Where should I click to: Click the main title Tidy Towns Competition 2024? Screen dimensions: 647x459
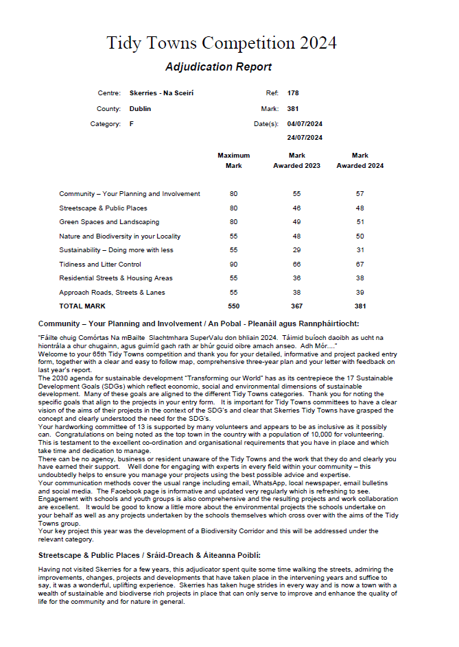[222, 43]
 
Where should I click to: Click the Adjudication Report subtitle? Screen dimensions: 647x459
[218, 67]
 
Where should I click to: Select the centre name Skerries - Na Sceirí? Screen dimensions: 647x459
[157, 93]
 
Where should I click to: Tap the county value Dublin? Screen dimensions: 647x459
[140, 109]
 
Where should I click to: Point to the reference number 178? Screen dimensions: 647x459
[293, 93]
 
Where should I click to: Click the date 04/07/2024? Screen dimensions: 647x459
[305, 124]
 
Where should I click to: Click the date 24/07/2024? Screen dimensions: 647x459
[305, 138]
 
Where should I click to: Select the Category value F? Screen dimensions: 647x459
[131, 124]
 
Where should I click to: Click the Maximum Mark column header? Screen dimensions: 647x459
[233, 160]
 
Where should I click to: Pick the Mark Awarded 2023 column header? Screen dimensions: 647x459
[296, 160]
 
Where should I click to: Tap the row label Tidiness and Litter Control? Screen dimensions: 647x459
[100, 265]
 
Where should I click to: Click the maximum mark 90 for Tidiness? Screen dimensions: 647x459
[233, 265]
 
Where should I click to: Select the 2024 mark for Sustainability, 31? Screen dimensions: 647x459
[360, 250]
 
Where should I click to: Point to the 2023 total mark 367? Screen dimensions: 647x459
[296, 306]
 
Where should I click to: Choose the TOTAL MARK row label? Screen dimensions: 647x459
[82, 306]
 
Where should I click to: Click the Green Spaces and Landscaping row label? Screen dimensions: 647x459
[109, 222]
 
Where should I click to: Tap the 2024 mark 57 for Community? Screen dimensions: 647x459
[360, 194]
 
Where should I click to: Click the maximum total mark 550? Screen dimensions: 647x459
[233, 306]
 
